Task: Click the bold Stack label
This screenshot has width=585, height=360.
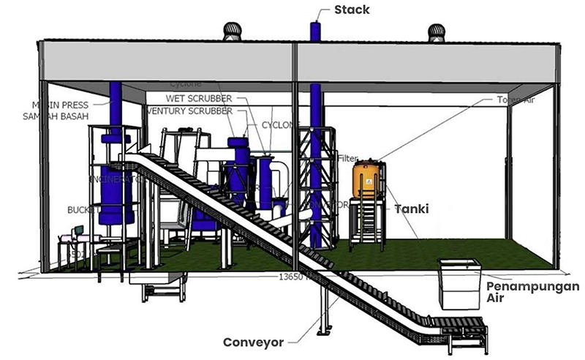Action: pos(352,10)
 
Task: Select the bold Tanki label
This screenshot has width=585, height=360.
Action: pos(412,209)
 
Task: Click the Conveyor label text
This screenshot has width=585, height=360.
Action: pos(253,342)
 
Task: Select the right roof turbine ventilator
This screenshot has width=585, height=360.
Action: pos(437,31)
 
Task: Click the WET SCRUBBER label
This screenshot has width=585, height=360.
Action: pos(200,98)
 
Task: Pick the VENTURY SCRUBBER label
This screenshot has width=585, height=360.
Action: pos(190,111)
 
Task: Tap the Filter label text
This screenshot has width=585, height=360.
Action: pos(347,158)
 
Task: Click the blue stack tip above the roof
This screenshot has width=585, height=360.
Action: pos(314,31)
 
